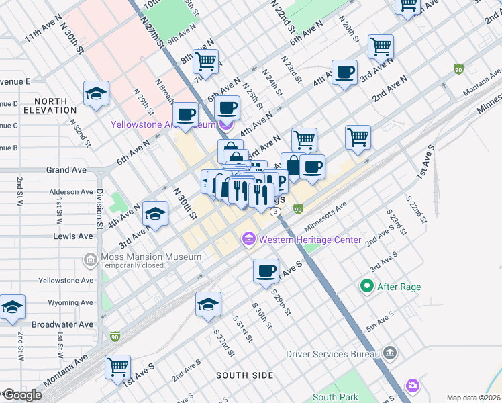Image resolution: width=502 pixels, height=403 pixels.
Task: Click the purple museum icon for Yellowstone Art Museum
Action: [227, 124]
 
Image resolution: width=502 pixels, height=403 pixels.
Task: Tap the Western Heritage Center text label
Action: [309, 240]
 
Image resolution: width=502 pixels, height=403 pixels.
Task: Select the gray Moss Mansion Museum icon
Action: [90, 259]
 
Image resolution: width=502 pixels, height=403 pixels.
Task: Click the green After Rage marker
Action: [366, 287]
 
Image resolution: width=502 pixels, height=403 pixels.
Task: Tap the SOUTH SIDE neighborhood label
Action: [245, 375]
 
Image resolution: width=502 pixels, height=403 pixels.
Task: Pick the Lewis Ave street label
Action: [74, 236]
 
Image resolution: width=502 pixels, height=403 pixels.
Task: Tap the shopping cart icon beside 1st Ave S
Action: [118, 367]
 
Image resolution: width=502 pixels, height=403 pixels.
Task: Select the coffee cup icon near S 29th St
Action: [266, 271]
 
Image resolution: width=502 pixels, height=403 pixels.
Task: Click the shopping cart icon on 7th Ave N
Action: [206, 60]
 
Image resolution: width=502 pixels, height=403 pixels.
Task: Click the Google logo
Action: [22, 395]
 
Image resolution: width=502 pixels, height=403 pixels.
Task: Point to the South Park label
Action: [335, 397]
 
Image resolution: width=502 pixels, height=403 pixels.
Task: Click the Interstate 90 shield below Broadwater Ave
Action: [115, 337]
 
